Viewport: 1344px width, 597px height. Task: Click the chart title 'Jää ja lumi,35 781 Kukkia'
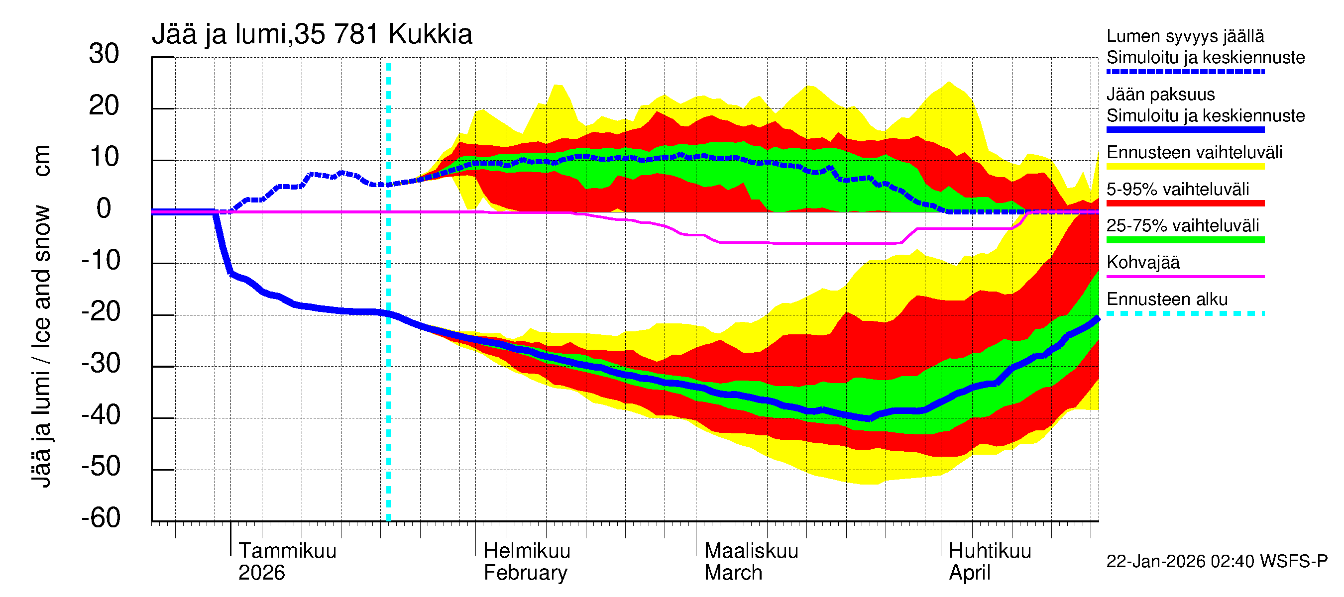click(312, 34)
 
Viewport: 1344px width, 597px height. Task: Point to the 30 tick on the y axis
click(104, 54)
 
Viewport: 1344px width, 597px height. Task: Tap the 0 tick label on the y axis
click(104, 209)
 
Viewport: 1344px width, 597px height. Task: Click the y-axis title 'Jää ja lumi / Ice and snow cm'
click(41, 316)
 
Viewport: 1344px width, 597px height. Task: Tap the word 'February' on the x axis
click(525, 573)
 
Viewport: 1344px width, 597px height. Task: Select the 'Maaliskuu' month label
click(751, 551)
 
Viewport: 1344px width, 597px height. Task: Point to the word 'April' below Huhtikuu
click(969, 573)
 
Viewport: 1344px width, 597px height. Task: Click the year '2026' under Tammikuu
click(261, 573)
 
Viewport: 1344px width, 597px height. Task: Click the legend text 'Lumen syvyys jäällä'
click(1185, 36)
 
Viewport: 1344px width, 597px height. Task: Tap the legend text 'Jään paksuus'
click(1160, 95)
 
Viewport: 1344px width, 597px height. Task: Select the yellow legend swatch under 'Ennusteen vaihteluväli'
click(1185, 167)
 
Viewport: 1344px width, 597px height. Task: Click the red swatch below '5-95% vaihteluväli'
click(1185, 203)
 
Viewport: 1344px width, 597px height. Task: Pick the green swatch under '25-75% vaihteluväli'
click(1185, 240)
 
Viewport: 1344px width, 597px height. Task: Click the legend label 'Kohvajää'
click(1142, 262)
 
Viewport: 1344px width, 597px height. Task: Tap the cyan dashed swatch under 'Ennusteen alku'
click(1185, 313)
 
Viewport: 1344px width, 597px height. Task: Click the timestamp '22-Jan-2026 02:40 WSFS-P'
click(1216, 561)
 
